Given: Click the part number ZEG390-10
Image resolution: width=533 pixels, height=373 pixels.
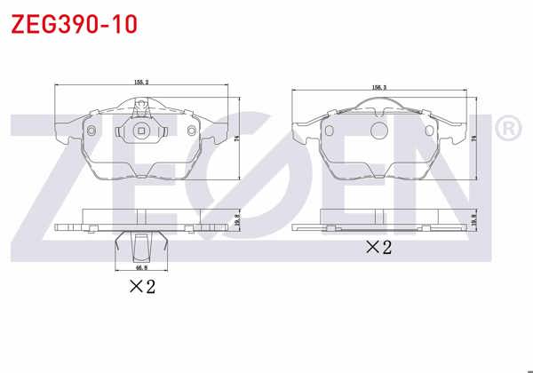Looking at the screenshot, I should coord(74,24).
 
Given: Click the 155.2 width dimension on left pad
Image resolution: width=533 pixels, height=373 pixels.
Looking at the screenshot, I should coord(140,83).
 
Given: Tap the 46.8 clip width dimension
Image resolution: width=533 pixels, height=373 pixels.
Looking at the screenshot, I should coord(140,266).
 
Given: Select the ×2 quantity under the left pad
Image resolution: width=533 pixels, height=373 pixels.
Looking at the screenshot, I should coord(142,286).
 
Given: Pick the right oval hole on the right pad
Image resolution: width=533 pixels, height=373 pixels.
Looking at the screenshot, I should coord(432,129).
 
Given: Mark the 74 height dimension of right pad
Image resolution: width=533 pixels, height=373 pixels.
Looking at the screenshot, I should coord(475,139).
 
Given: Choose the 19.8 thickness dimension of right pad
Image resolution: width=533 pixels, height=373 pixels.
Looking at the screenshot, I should coord(475,218).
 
